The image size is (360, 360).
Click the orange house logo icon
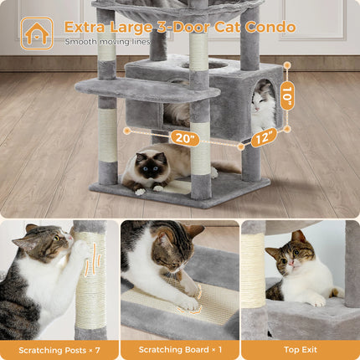point(36,33)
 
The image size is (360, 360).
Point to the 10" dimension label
point(287,95)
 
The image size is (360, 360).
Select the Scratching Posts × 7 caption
point(59,349)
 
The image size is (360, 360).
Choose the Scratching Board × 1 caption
point(180,349)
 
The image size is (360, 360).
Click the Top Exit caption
point(300,349)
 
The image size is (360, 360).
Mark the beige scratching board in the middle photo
point(159,301)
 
